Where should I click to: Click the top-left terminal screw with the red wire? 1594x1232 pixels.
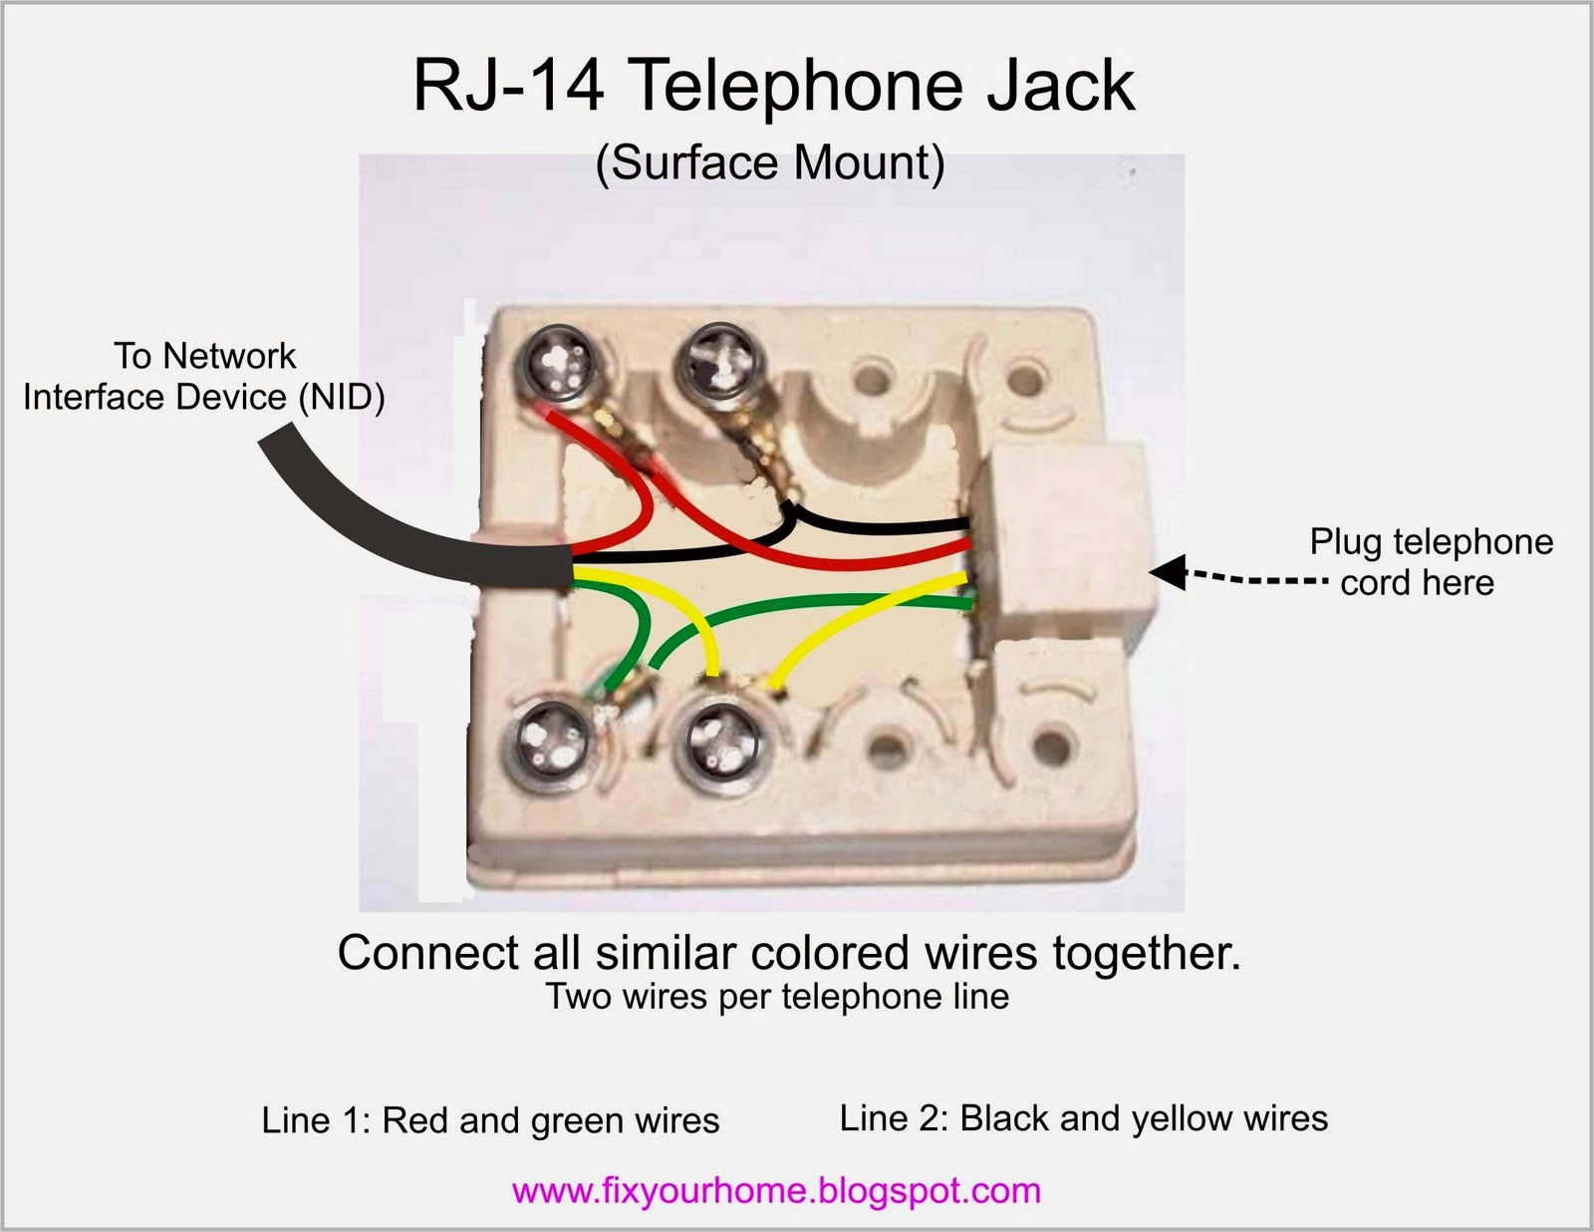(x=561, y=363)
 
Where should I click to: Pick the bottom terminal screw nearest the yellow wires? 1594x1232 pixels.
(x=720, y=742)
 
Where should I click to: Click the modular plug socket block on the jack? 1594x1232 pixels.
(x=1065, y=543)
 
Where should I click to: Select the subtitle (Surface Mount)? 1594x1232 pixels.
(x=770, y=162)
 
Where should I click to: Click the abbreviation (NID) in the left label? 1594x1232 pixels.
(x=341, y=398)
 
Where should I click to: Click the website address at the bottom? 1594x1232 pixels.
(x=776, y=1190)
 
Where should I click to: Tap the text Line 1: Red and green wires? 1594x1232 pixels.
(x=491, y=1120)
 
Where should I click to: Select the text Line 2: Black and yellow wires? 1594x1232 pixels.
(x=1084, y=1118)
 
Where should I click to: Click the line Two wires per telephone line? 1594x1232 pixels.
(x=777, y=997)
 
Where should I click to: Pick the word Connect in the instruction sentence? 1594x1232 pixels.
(x=428, y=953)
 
